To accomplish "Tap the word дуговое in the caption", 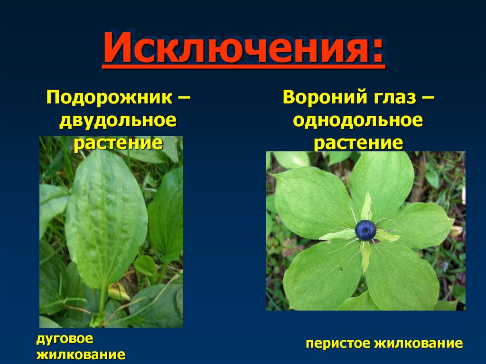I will (65, 339).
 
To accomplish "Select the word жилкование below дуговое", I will (81, 355).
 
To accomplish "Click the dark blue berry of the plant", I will (365, 230).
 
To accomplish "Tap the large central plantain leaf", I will (106, 218).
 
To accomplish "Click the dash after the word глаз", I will (427, 99).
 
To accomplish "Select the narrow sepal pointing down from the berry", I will (365, 256).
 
